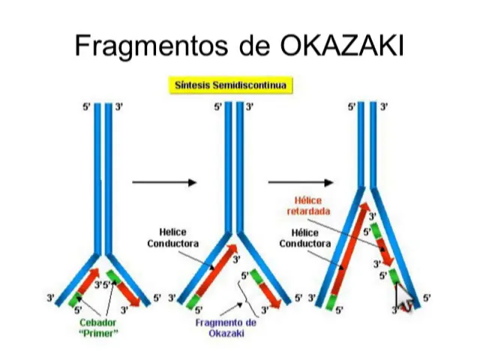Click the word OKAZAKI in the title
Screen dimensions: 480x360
342,46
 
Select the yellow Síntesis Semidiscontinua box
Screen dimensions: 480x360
231,85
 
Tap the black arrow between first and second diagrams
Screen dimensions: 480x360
163,182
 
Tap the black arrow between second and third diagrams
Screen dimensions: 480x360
300,182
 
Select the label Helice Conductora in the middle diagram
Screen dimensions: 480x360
172,238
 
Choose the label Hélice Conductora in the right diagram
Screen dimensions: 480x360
305,238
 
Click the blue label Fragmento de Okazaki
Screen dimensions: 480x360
226,327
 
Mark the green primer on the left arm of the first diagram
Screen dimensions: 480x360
76,301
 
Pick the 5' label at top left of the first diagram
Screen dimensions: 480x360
86,107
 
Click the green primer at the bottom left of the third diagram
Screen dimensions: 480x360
331,302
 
